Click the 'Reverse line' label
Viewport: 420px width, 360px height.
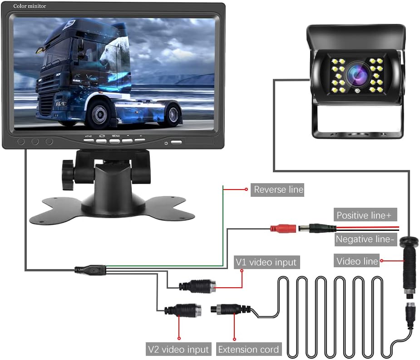click(278, 190)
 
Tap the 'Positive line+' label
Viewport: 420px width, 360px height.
click(364, 215)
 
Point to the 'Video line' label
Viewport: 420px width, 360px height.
click(357, 261)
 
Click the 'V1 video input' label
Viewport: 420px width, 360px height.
click(266, 262)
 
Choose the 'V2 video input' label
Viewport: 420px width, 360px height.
click(178, 349)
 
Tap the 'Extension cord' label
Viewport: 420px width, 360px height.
click(248, 349)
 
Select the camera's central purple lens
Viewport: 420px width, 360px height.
click(354, 74)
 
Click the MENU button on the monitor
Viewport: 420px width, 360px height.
click(115, 140)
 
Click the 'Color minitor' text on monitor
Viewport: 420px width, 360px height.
click(29, 5)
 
